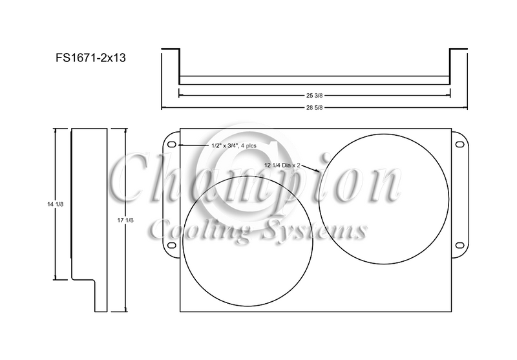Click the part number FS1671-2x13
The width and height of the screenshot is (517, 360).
point(90,57)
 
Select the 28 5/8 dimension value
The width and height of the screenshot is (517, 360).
point(313,107)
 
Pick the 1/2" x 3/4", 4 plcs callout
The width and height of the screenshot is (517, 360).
point(233,146)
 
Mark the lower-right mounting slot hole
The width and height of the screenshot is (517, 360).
point(459,245)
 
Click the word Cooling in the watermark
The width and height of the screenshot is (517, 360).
point(193,231)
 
